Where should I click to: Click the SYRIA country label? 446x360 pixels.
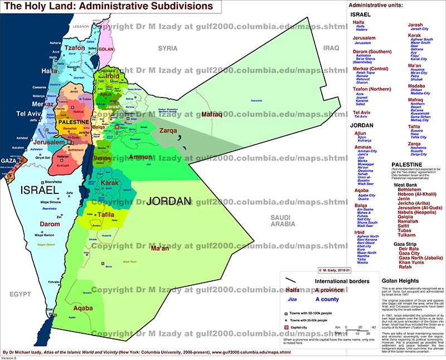tap(167, 48)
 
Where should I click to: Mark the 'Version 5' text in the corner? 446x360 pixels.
tap(9, 357)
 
